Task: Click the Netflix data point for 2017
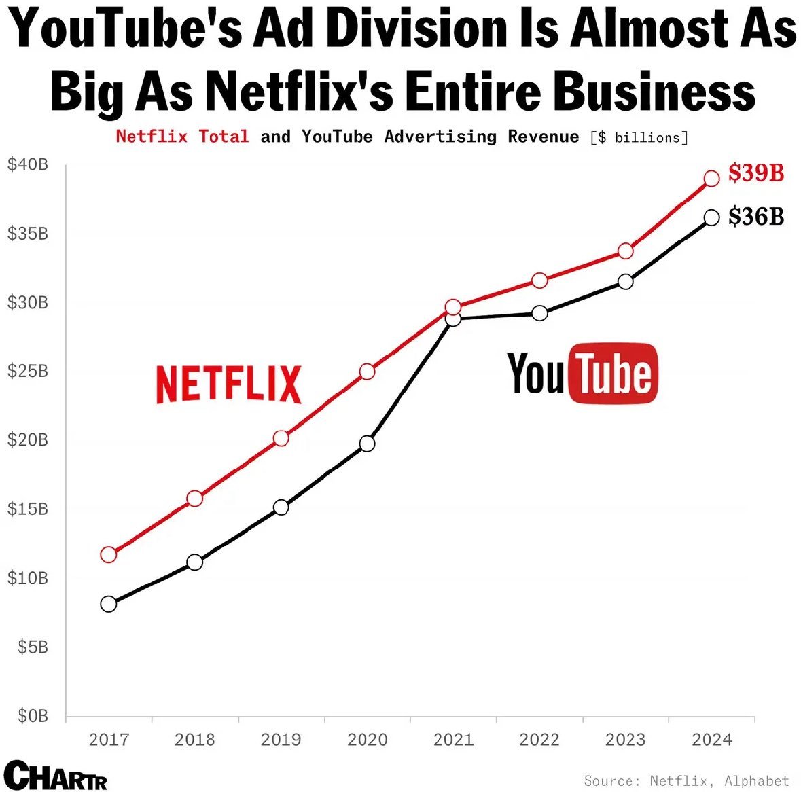click(109, 554)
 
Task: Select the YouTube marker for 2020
click(368, 444)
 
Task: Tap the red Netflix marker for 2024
click(711, 179)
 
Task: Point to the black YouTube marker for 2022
click(539, 313)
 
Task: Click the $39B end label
click(755, 173)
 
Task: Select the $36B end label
click(755, 217)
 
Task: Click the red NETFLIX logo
click(228, 384)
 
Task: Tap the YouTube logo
click(582, 374)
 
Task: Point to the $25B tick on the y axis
click(28, 371)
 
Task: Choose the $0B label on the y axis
click(33, 716)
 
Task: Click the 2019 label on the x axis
click(281, 740)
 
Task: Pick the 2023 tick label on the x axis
click(626, 740)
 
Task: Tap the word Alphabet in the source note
click(756, 781)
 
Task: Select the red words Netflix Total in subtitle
click(182, 137)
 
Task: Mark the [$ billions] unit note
click(639, 138)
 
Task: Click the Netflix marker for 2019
click(281, 438)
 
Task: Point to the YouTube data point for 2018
click(195, 562)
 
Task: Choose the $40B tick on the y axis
click(28, 164)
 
